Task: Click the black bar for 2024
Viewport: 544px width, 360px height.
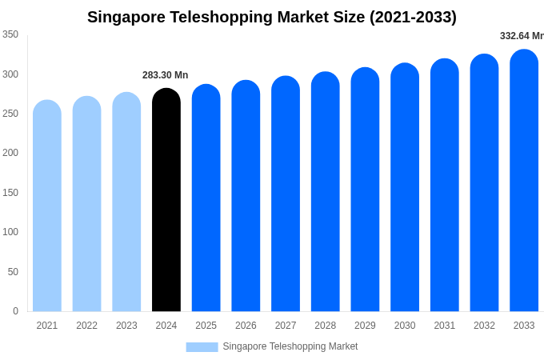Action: tap(166, 200)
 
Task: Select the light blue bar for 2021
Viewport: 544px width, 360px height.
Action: tap(47, 206)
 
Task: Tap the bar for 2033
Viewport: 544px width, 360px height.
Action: tap(524, 180)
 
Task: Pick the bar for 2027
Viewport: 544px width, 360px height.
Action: tap(286, 194)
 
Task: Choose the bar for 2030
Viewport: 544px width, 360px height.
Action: tap(405, 187)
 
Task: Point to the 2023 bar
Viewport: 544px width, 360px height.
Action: tap(126, 202)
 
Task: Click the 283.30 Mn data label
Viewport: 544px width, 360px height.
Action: tap(166, 75)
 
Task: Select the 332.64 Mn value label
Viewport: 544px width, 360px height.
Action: tap(521, 36)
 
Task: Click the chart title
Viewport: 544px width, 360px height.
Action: tap(272, 17)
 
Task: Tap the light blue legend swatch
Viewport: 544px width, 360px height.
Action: tap(202, 346)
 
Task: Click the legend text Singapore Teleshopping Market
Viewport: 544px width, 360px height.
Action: tap(290, 346)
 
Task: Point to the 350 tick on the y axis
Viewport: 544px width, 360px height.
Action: tap(10, 34)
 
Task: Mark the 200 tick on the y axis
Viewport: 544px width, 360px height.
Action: tap(10, 153)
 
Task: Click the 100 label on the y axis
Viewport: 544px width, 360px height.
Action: tap(10, 232)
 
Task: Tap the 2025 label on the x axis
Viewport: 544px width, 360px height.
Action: tap(206, 326)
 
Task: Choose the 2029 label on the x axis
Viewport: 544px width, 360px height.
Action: tap(365, 326)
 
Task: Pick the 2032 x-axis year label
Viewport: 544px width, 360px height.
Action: tap(484, 326)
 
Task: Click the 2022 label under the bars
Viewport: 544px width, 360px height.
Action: tap(87, 326)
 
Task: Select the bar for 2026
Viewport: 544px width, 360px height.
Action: tap(246, 196)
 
